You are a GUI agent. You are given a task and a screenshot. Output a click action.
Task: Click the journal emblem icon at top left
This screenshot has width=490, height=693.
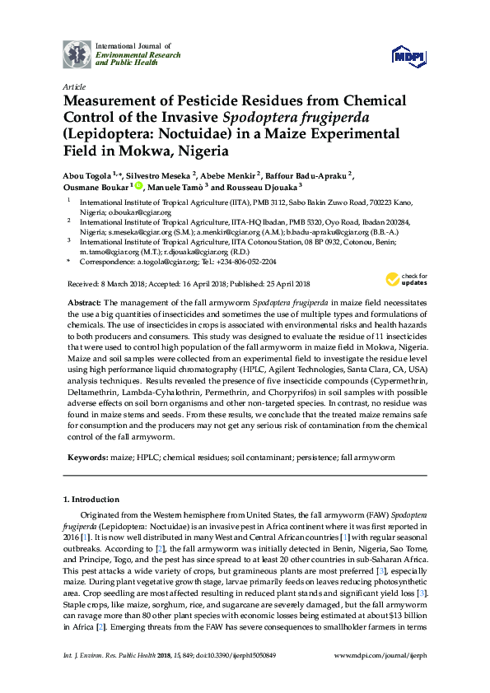click(77, 54)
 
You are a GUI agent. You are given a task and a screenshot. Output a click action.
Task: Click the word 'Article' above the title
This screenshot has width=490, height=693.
click(73, 86)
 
